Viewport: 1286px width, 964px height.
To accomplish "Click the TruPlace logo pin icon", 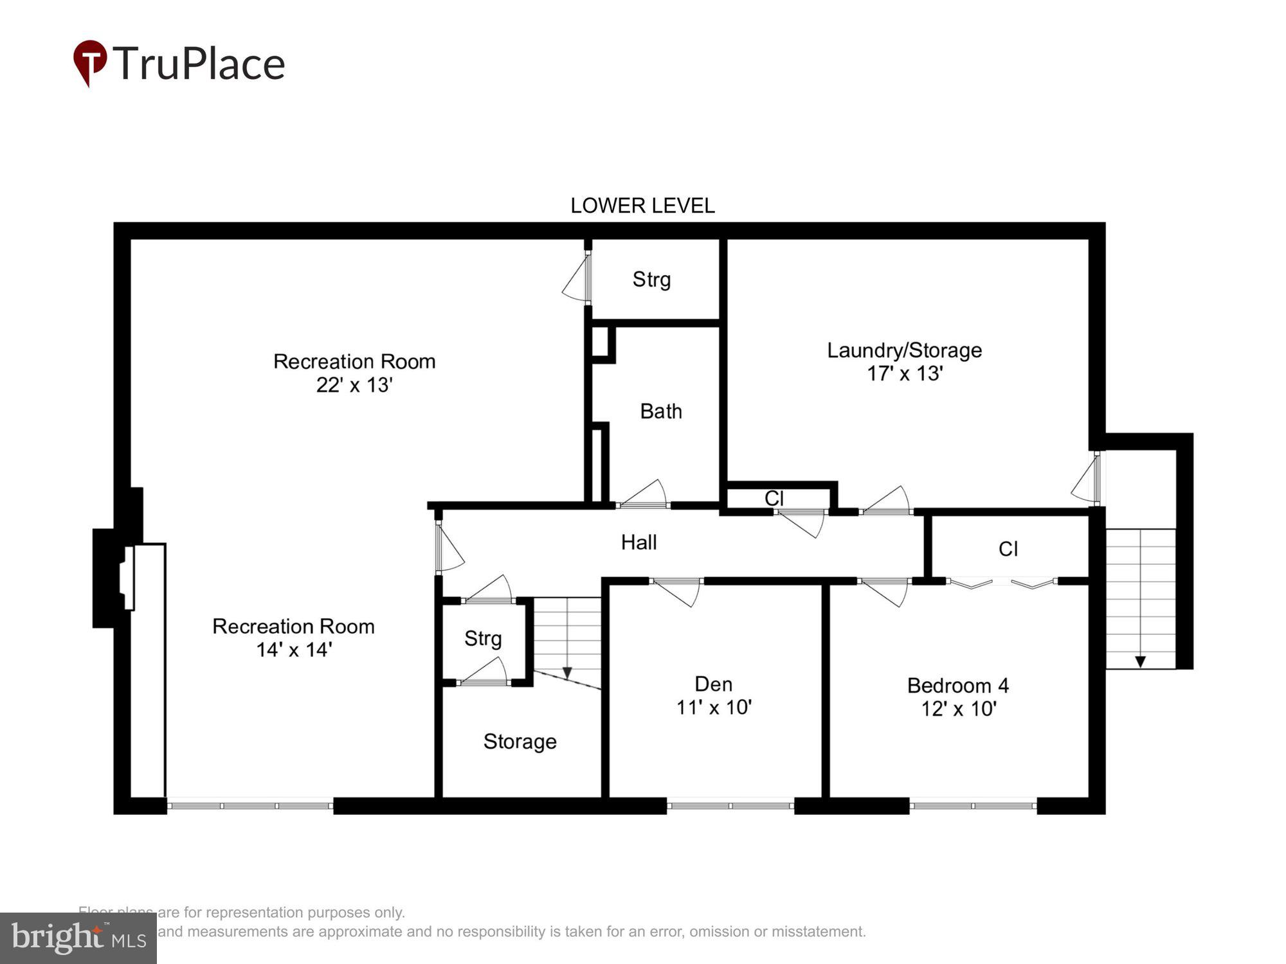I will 89,62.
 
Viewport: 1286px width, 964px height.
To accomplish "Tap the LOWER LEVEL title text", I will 642,206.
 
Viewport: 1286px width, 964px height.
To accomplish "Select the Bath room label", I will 660,411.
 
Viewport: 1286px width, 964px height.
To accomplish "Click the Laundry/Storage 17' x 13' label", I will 904,362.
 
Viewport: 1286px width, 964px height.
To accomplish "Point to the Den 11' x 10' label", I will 713,695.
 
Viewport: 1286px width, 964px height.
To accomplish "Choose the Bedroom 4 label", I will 957,697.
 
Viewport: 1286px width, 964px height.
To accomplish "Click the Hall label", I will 638,542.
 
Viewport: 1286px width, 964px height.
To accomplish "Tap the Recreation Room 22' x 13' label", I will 354,373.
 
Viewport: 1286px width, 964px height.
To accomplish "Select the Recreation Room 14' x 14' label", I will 293,638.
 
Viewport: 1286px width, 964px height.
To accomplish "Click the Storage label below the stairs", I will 520,742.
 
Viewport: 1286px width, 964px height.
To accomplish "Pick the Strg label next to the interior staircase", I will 483,638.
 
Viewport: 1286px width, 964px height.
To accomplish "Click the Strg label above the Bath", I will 651,280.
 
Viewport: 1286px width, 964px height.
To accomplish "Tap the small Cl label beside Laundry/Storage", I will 774,498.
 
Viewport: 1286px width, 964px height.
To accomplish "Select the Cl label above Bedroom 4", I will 1008,549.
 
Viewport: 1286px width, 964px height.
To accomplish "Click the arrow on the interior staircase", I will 567,672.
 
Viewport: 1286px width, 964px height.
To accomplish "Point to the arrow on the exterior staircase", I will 1140,661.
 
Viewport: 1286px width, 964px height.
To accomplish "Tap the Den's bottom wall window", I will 730,805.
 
